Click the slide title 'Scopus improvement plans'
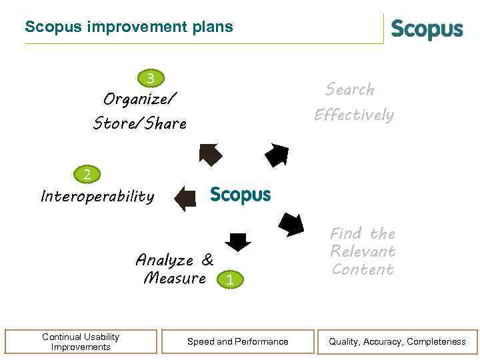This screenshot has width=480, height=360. tap(129, 27)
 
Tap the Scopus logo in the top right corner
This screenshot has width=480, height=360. tap(427, 30)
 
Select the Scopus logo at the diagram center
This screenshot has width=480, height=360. tap(240, 195)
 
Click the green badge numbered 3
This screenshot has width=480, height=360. tap(151, 79)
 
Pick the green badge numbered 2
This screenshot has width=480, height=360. tap(87, 175)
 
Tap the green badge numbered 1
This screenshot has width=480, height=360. tap(229, 281)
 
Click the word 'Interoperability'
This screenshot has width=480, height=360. tap(97, 197)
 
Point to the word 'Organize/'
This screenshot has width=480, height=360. tap(140, 100)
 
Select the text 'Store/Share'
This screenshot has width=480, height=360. tap(140, 124)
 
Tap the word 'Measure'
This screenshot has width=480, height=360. tap(175, 278)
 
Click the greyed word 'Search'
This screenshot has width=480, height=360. tap(350, 89)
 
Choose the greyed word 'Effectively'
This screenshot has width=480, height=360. tap(354, 115)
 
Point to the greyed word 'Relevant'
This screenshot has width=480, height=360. tap(363, 251)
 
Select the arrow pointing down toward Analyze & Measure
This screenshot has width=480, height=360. tap(238, 241)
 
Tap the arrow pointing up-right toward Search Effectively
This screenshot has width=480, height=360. tap(277, 155)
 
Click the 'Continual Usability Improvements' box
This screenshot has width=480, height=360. tap(81, 341)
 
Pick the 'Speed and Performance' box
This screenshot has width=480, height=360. tap(238, 341)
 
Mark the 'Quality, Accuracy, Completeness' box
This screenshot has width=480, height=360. tap(397, 341)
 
